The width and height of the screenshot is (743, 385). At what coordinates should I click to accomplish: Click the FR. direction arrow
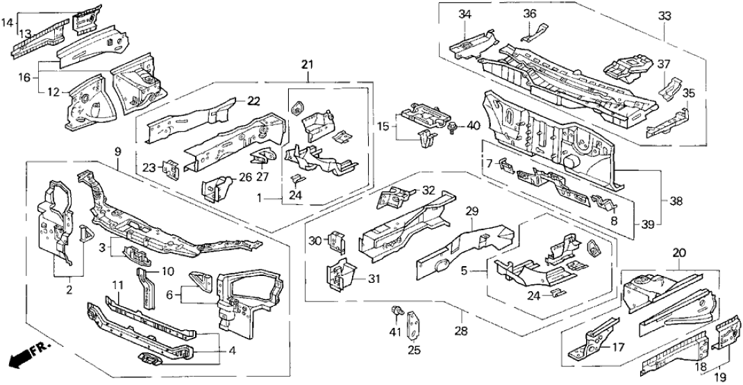pyautogui.click(x=22, y=359)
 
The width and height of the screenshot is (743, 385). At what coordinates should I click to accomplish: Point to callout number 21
pyautogui.click(x=307, y=65)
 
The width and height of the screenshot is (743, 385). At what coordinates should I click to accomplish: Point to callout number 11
pyautogui.click(x=118, y=285)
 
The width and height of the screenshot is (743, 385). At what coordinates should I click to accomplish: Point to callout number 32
pyautogui.click(x=428, y=189)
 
